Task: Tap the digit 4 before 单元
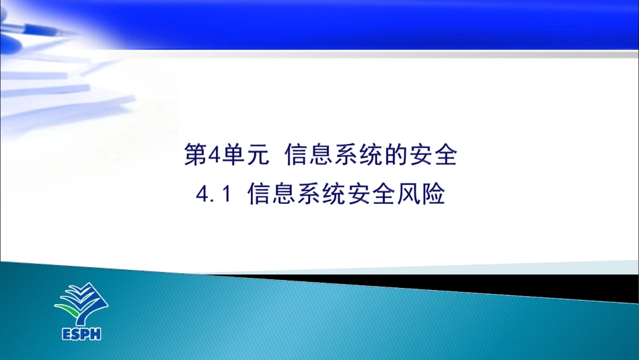click(214, 156)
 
